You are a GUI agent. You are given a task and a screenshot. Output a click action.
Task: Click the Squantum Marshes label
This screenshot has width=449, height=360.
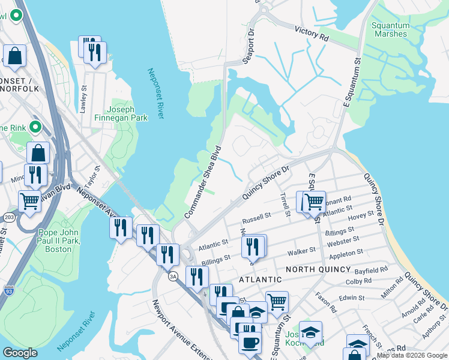tap(390, 29)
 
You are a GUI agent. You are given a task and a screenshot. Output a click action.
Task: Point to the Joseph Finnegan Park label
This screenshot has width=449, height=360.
tap(127, 114)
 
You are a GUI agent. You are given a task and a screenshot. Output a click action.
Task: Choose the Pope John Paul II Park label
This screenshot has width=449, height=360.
tap(63, 241)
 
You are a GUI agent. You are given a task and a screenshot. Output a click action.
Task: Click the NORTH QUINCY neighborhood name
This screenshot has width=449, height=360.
tap(318, 269)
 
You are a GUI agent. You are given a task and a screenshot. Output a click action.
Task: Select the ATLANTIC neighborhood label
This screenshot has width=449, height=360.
tap(261, 280)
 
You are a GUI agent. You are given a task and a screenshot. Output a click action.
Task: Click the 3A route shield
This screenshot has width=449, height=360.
tap(173, 276)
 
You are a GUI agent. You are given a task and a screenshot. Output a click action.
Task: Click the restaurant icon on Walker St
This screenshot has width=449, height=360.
tap(253, 245)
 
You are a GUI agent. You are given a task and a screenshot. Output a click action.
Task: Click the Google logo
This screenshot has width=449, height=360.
tap(20, 353)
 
